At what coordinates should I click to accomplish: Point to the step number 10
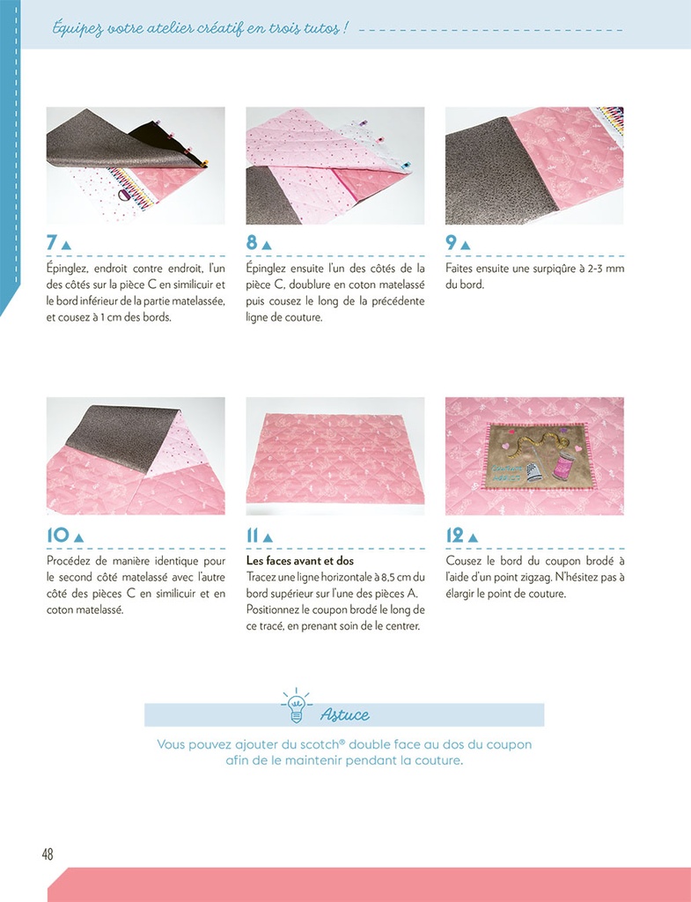[57, 536]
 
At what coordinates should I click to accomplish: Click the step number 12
[455, 536]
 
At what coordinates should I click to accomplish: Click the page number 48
[48, 854]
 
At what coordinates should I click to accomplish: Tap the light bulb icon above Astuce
[296, 702]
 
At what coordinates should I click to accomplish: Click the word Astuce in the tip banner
[344, 714]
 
